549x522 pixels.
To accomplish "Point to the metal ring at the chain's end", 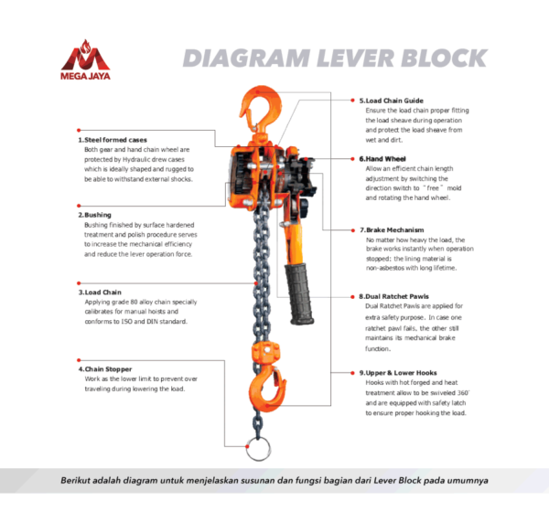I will [260, 452].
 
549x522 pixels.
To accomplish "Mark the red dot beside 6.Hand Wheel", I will [353, 158].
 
